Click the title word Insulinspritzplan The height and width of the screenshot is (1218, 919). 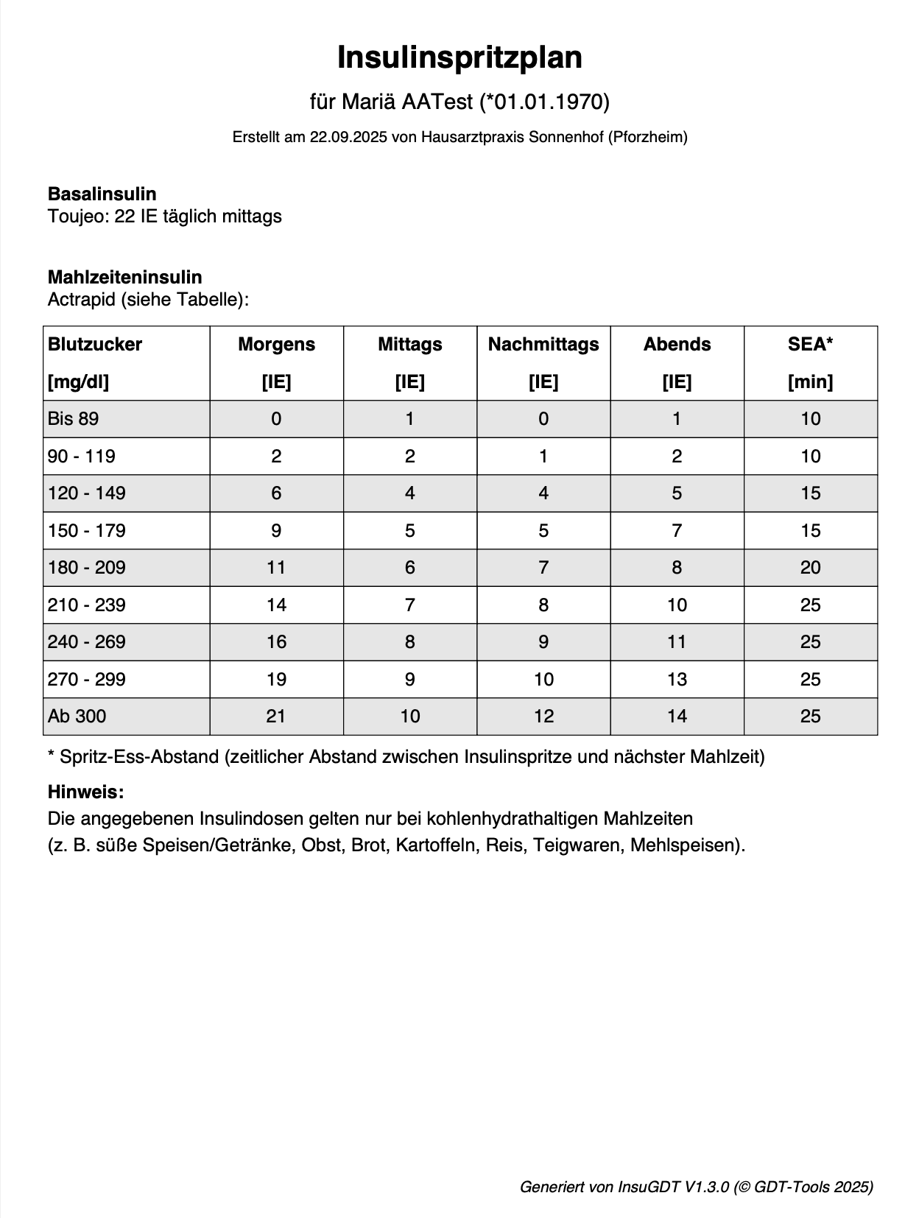(x=460, y=57)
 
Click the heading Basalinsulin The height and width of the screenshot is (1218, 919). (x=102, y=194)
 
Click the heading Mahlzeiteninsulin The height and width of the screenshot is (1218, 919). (x=124, y=277)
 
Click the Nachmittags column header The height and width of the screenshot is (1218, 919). (x=543, y=345)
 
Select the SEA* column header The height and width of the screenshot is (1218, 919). (x=810, y=345)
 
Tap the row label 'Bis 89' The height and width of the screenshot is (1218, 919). (x=73, y=419)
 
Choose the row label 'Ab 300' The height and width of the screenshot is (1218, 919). (x=77, y=716)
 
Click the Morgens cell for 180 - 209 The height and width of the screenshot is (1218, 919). (x=276, y=568)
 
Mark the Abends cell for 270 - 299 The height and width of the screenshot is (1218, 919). (x=677, y=679)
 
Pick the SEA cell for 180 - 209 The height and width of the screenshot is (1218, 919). (x=810, y=568)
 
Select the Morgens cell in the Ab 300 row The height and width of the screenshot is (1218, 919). (x=276, y=716)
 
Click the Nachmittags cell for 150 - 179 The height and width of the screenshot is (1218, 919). (x=543, y=530)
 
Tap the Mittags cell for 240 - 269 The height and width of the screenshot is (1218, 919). (x=409, y=642)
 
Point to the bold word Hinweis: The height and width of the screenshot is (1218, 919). (x=85, y=792)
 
